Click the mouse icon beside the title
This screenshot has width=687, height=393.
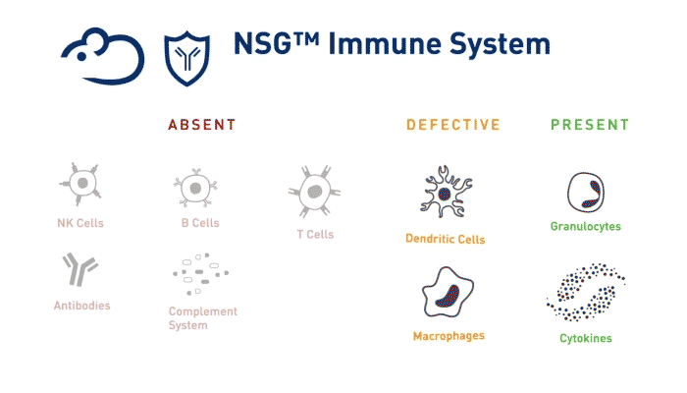102,56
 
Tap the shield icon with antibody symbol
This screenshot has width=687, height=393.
187,58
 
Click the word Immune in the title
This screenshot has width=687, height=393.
385,44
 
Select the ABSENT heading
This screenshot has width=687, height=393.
202,125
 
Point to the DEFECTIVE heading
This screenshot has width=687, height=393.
453,125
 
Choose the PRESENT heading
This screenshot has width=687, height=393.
590,125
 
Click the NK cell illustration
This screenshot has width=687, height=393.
80,184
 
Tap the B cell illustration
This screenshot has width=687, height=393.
195,188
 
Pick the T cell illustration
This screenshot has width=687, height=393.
315,192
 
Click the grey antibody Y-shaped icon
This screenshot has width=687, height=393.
80,269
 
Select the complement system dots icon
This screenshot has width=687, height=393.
200,274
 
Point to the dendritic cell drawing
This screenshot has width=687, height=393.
446,192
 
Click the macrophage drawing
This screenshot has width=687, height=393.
448,292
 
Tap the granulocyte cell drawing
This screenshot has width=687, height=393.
586,193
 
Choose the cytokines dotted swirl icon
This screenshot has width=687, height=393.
586,292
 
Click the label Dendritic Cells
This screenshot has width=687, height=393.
446,239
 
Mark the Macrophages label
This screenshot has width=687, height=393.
449,336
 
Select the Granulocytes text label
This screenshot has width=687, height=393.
586,226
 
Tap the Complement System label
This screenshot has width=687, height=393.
203,318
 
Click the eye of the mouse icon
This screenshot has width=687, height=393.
81,57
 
